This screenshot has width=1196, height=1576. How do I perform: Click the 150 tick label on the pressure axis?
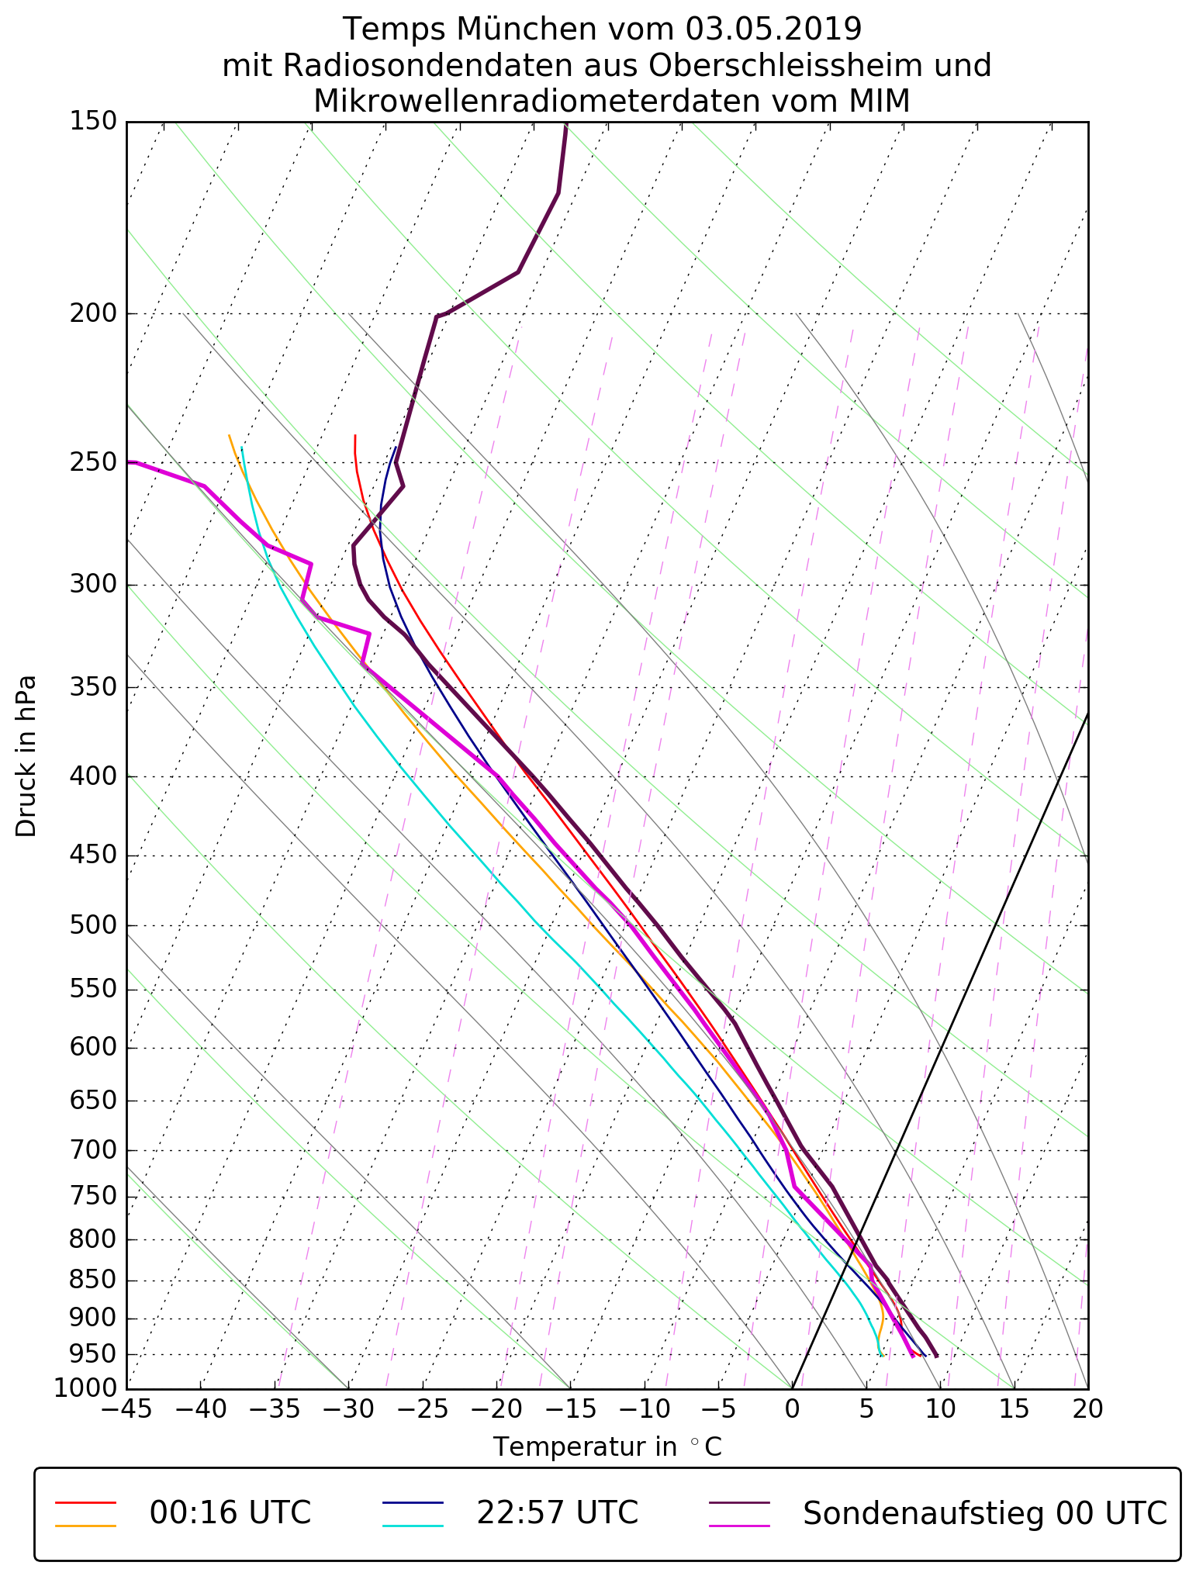pos(92,122)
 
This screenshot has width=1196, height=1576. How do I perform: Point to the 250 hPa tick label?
pos(92,462)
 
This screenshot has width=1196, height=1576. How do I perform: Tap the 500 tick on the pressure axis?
pos(92,925)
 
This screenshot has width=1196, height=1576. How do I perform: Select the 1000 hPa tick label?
pos(85,1388)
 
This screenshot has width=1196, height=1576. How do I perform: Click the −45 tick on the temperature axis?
pos(126,1408)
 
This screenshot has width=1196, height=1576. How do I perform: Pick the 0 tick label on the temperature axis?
pos(792,1408)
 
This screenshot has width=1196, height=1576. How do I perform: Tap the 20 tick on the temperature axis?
pos(1087,1408)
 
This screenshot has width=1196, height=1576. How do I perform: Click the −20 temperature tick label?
pos(496,1408)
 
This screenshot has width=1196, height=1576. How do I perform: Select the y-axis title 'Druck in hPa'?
pos(26,756)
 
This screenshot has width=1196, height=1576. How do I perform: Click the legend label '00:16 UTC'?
pos(230,1512)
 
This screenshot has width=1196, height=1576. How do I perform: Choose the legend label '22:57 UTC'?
pos(557,1512)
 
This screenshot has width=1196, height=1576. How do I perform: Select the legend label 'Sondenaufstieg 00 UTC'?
pos(984,1512)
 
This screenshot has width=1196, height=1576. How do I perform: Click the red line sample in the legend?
pos(85,1502)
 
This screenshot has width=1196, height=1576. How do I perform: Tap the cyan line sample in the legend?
pos(412,1526)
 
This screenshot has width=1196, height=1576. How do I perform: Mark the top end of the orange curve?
pos(229,435)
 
